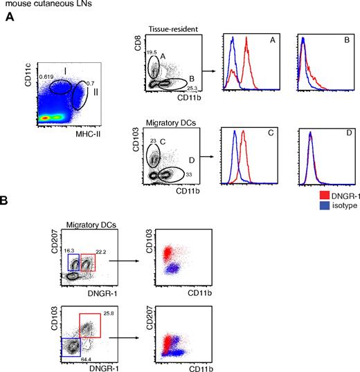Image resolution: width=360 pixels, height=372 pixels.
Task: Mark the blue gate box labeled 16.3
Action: pos(73,263)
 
